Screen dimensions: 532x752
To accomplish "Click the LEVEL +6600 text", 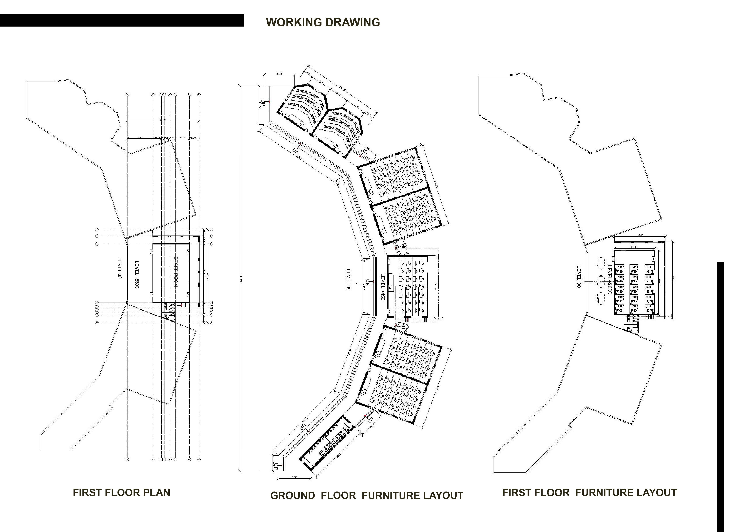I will pos(137,274).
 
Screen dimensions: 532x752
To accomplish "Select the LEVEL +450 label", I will pos(383,287).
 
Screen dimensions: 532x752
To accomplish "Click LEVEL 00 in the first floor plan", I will pos(119,268).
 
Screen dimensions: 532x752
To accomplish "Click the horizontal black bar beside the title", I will pos(122,20).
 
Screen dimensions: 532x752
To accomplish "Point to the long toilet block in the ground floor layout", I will pos(328,444).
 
